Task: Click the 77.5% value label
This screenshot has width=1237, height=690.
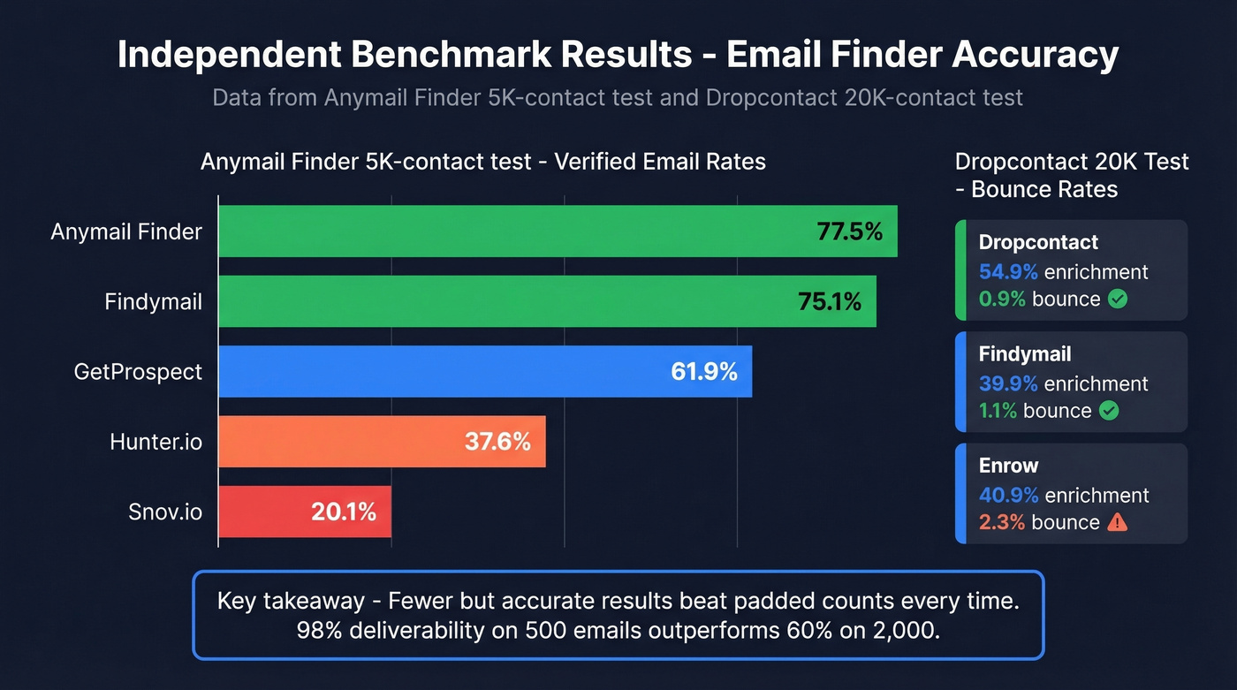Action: click(849, 231)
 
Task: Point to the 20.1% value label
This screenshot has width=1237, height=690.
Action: click(344, 511)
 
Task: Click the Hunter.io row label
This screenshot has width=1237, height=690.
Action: click(156, 441)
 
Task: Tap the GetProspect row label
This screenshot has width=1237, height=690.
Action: click(138, 371)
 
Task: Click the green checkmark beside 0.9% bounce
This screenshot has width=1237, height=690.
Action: click(1118, 299)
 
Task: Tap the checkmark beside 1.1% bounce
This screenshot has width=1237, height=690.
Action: click(1108, 411)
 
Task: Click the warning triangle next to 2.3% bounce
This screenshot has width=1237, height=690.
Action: click(1117, 522)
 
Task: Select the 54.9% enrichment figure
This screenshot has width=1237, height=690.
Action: click(1008, 271)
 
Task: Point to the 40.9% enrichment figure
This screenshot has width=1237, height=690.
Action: click(1008, 495)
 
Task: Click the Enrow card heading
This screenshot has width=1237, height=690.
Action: click(1008, 466)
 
